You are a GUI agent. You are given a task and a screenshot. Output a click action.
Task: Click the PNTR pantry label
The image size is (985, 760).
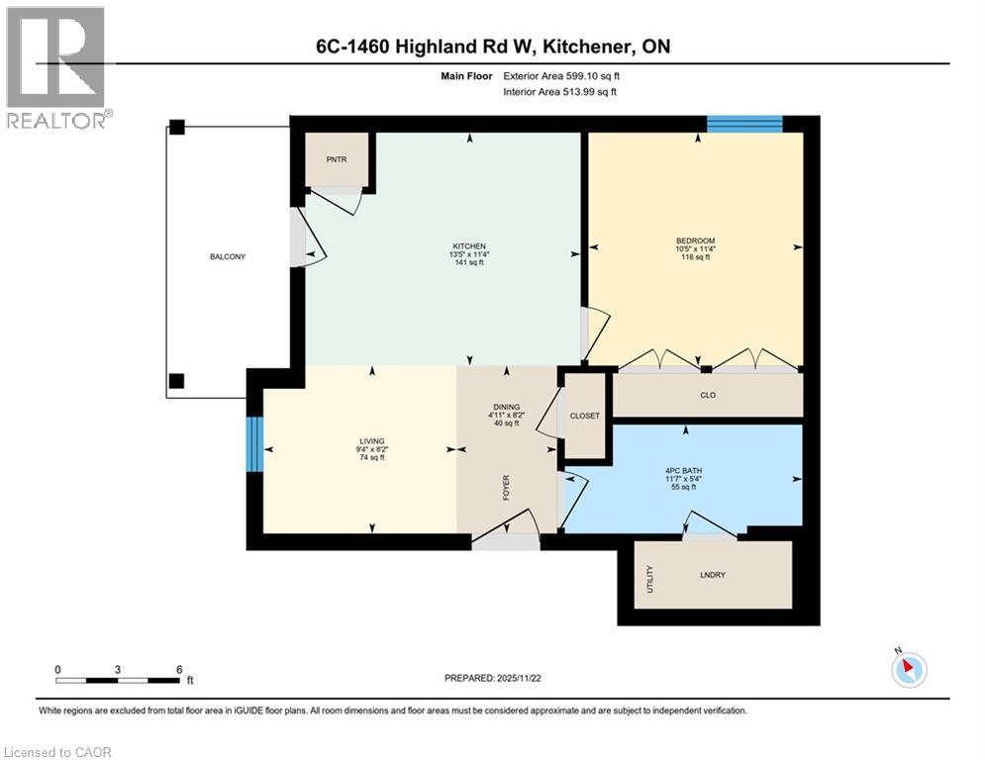pyautogui.click(x=336, y=159)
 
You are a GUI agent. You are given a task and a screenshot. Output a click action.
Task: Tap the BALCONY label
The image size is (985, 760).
pyautogui.click(x=227, y=256)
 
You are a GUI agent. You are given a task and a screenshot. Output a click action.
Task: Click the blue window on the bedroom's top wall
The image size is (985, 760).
pyautogui.click(x=744, y=124)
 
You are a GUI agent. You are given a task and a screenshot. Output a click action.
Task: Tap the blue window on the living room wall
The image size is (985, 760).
pyautogui.click(x=254, y=444)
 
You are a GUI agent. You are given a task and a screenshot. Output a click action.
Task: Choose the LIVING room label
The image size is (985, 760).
pyautogui.click(x=372, y=441)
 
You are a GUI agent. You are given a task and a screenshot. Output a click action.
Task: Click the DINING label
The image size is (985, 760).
pyautogui.click(x=507, y=407)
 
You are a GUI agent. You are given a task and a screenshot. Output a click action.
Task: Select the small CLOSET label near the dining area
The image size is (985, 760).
pyautogui.click(x=584, y=416)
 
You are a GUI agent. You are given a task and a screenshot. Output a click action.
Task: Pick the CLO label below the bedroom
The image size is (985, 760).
pyautogui.click(x=708, y=395)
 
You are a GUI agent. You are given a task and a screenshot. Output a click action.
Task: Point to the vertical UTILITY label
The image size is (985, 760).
pyautogui.click(x=650, y=575)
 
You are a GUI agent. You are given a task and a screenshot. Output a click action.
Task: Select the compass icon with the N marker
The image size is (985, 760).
pyautogui.click(x=908, y=669)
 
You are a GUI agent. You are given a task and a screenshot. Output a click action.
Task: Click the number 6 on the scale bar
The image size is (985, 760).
pyautogui.click(x=179, y=669)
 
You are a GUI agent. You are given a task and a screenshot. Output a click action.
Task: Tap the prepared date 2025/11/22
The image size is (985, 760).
pyautogui.click(x=496, y=678)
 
